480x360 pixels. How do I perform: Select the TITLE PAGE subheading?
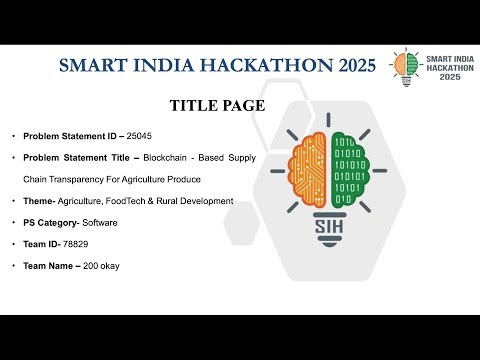coord(217,106)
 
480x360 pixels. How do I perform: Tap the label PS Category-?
coord(55,223)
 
